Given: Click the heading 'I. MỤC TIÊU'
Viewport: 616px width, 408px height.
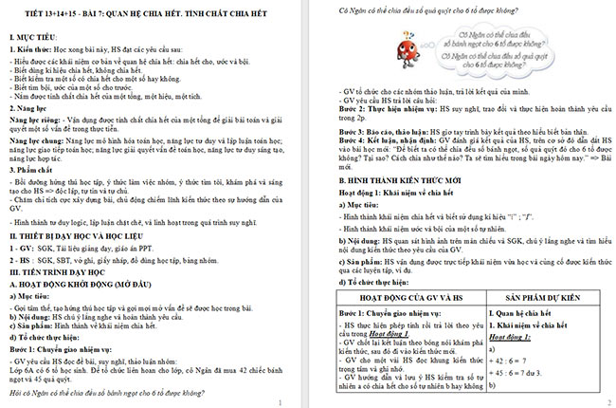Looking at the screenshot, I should coord(32,34).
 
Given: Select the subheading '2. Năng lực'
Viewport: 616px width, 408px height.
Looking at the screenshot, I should coord(31,109).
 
